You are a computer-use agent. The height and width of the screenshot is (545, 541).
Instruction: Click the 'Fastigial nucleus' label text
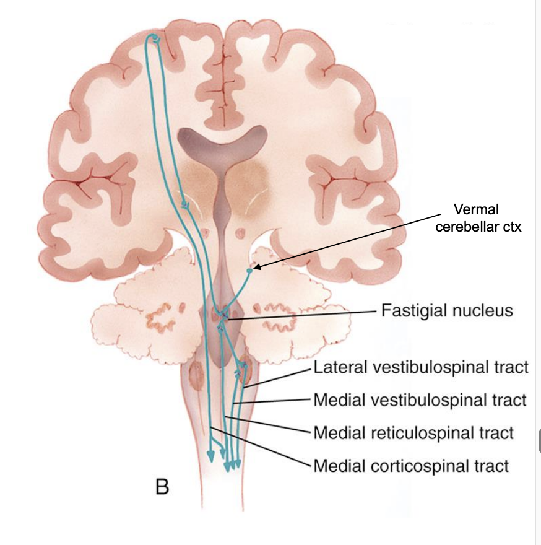click(x=447, y=310)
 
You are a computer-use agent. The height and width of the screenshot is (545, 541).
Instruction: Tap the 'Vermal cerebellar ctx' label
click(x=478, y=218)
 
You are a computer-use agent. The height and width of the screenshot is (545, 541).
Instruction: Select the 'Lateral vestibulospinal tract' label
click(x=421, y=367)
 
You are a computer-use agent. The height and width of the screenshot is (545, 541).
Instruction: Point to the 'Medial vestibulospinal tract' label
click(x=420, y=399)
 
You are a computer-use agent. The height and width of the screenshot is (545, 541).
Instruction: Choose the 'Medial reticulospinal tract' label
click(x=413, y=432)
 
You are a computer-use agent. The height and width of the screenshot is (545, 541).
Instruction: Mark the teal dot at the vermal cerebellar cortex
click(x=249, y=270)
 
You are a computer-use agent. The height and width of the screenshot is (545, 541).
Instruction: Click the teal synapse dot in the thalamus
click(x=183, y=204)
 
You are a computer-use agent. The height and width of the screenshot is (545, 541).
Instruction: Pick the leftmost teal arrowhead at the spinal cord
click(x=211, y=456)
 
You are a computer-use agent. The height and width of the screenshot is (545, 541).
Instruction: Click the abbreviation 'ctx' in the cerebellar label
click(x=512, y=227)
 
